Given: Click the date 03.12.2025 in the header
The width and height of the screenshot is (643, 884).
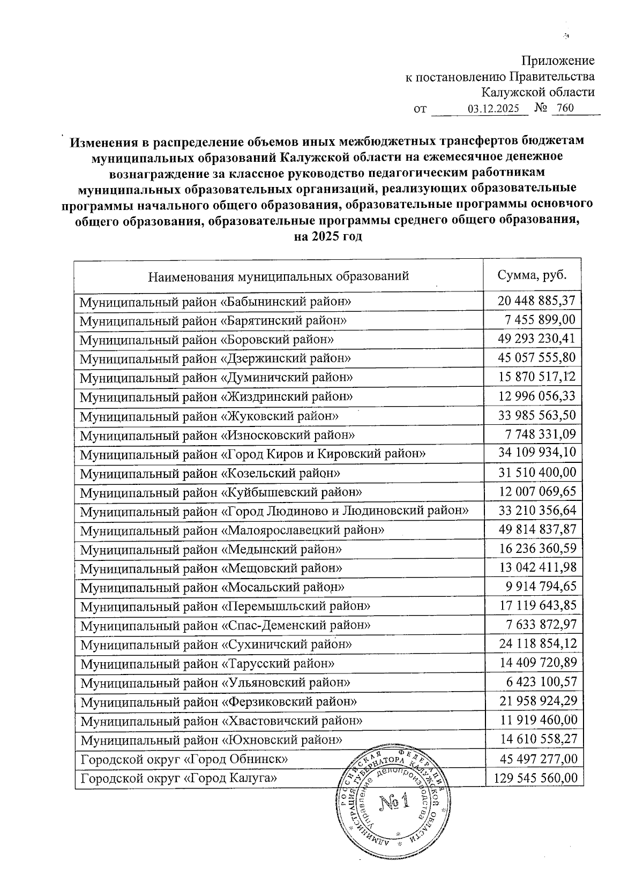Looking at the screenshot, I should coord(494,109).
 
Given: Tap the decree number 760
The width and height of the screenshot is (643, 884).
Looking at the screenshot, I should coord(565,108).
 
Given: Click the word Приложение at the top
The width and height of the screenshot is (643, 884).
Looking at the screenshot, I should coord(558,61).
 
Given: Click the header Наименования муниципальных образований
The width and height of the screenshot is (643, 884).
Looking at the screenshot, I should coord(278,276).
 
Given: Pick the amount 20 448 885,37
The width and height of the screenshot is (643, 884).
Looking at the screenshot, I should coord(536,301).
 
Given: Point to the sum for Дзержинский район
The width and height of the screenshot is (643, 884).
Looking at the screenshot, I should coord(536,358).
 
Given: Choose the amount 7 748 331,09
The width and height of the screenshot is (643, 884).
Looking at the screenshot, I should coord(540,434).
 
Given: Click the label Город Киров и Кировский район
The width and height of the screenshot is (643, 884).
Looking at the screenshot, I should coord(253,454).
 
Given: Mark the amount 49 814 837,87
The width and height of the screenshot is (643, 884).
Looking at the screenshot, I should coord(537,530).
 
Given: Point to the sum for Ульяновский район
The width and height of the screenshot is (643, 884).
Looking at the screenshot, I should coord(540,683).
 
